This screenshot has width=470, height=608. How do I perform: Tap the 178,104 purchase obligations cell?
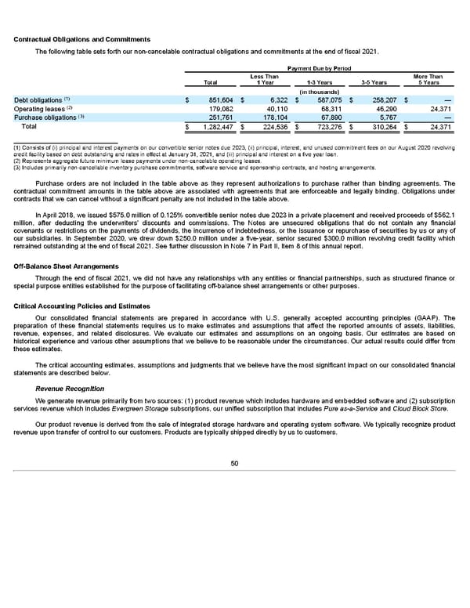pyautogui.click(x=272, y=117)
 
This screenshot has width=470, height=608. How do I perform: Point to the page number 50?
pyautogui.click(x=234, y=463)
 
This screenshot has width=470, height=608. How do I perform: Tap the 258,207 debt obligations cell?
pyautogui.click(x=381, y=100)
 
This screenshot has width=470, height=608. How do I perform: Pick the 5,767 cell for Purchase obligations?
pyautogui.click(x=387, y=117)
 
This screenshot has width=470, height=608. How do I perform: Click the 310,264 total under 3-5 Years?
pyautogui.click(x=381, y=126)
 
